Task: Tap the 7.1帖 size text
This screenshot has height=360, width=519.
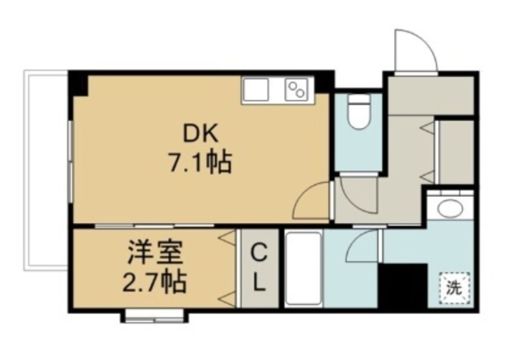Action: coord(199,163)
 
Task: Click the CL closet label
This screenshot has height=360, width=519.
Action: coord(259,268)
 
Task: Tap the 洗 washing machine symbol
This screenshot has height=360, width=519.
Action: coord(455,286)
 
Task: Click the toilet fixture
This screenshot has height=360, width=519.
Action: coord(357,114)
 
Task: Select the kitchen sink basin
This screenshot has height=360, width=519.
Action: coord(259,89)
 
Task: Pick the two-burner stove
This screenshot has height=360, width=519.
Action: coord(297,89)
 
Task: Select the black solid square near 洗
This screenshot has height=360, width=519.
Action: coord(403,285)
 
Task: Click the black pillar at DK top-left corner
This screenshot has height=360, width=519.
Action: coord(78,83)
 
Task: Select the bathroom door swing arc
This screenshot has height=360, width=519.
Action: coord(365,242)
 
